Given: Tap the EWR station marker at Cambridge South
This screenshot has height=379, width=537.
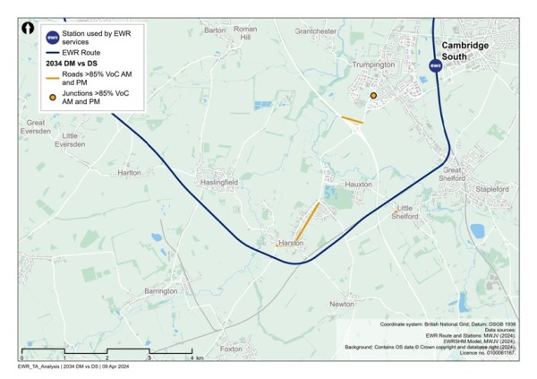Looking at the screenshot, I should click(x=435, y=65).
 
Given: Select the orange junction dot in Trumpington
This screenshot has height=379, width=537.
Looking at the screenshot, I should click(x=373, y=95).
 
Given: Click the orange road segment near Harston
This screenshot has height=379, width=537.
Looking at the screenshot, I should click(x=307, y=221).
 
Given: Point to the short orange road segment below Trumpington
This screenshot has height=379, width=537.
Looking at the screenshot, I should click(x=352, y=119).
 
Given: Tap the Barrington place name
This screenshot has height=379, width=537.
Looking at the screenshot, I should click(x=161, y=291).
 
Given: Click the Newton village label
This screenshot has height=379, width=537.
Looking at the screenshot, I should click(x=342, y=305).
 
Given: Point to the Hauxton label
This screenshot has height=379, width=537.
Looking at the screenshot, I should click(x=358, y=184).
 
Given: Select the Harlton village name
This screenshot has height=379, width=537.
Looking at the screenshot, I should click(x=130, y=172).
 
